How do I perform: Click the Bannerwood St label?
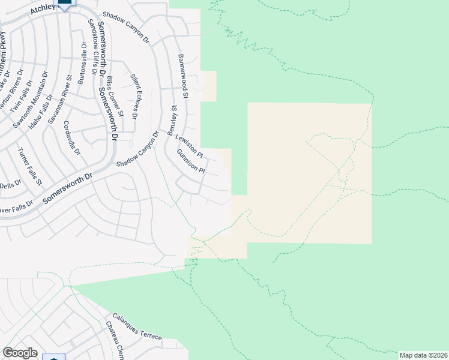click(x=182, y=76)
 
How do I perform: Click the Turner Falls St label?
click(x=29, y=166)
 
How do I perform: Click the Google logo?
click(x=20, y=353)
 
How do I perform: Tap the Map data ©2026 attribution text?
click(x=424, y=355)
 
